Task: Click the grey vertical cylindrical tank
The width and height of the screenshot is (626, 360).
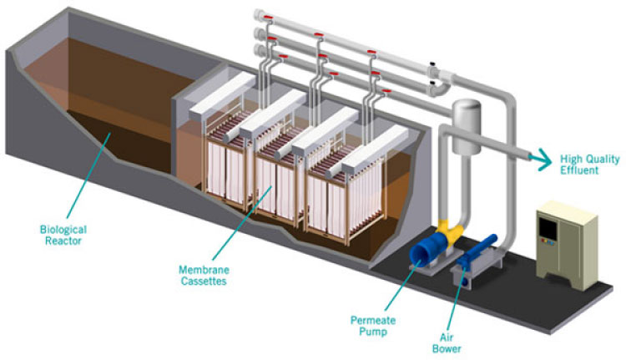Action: tap(463, 125)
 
